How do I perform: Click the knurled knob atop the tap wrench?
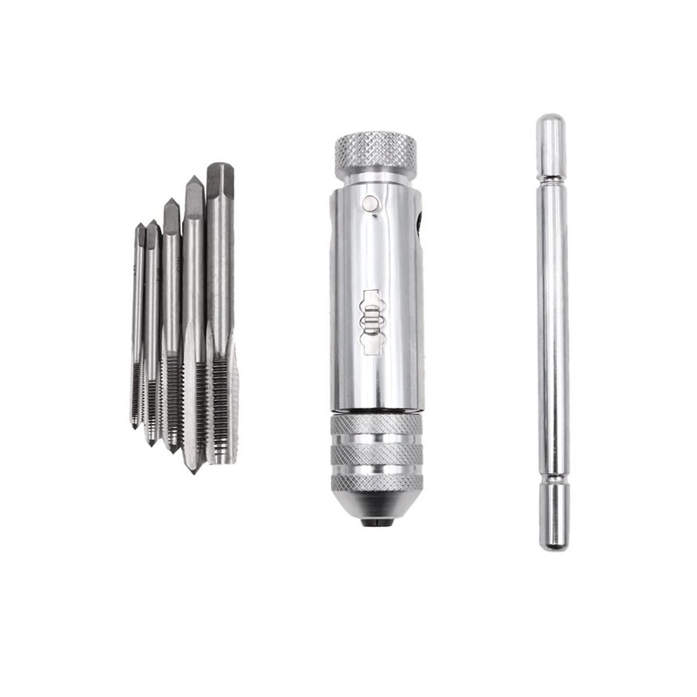(376, 156)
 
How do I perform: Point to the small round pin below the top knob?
(372, 203)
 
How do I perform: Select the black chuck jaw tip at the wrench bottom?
(376, 523)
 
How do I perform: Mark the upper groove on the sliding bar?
(552, 179)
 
